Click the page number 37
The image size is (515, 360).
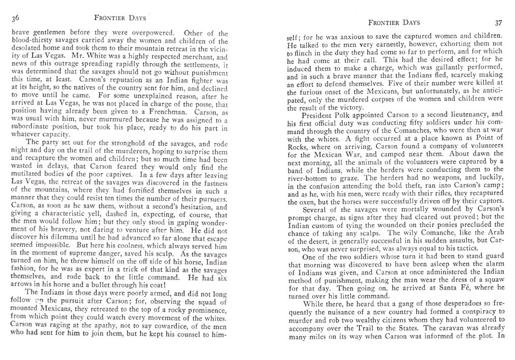(498, 23)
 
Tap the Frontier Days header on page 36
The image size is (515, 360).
(120, 18)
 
